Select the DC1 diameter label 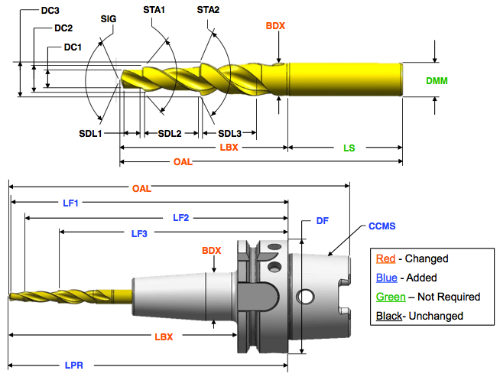pyautogui.click(x=73, y=47)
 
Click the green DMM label pyautogui.click(x=437, y=80)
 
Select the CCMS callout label pyautogui.click(x=381, y=226)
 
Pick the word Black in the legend pyautogui.click(x=390, y=315)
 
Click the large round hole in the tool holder pyautogui.click(x=305, y=296)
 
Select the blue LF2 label pyautogui.click(x=181, y=218)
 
